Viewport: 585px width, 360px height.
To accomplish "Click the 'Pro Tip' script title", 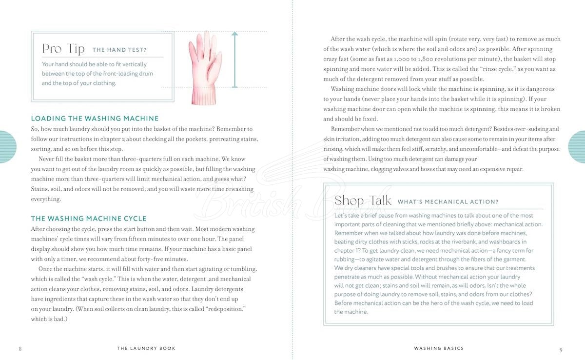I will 63,49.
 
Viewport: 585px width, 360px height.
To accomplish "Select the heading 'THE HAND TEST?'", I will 119,50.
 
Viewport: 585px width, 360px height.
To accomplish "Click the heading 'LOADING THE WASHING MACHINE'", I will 95,119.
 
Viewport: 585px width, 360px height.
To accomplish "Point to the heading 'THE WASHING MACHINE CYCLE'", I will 89,219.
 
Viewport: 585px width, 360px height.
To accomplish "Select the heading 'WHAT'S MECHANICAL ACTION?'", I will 448,202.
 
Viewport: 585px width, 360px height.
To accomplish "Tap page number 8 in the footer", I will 20,349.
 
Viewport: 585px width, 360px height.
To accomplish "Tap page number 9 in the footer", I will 561,349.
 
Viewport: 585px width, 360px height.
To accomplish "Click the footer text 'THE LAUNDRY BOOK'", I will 146,348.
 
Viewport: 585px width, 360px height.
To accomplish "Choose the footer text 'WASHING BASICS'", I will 439,348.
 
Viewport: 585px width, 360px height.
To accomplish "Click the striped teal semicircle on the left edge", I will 7,146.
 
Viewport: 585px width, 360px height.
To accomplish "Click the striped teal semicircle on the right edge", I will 578,146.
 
